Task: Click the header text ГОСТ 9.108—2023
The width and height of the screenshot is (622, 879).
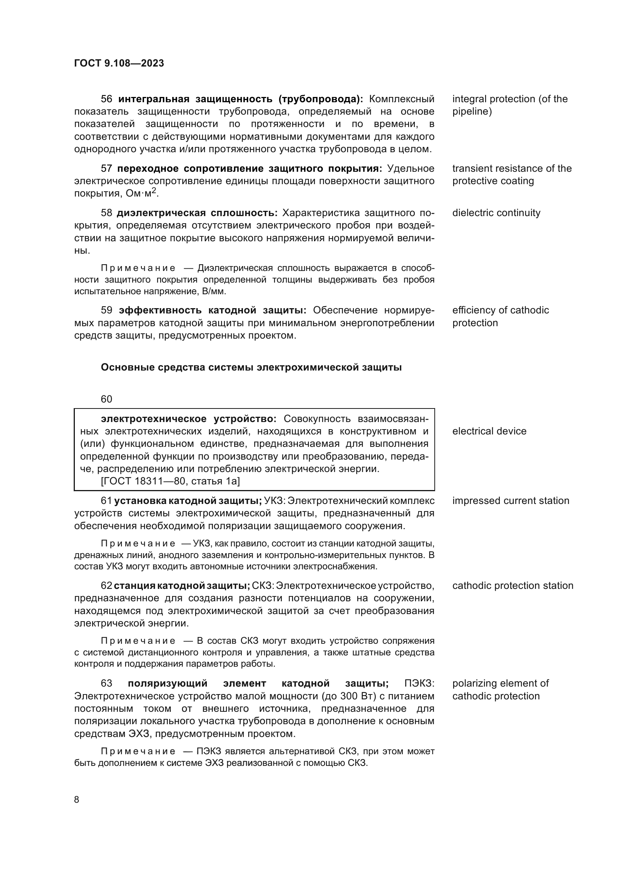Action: [x=119, y=63]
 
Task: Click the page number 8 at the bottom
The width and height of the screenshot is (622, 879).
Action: [x=77, y=800]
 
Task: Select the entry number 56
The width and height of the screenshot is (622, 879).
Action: [x=106, y=99]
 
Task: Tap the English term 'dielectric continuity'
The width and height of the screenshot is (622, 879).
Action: [x=496, y=213]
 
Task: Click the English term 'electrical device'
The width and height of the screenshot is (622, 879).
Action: [x=489, y=431]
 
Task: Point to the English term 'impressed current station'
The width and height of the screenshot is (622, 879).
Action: [x=511, y=501]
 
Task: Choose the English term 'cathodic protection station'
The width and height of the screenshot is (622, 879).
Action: [x=513, y=586]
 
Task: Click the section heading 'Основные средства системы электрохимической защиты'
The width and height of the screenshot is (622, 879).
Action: [x=251, y=368]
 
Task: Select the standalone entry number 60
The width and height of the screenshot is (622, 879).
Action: [x=106, y=399]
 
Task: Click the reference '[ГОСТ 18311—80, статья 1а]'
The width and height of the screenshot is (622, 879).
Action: [x=170, y=481]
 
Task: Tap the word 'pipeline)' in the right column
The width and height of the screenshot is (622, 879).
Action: [x=472, y=112]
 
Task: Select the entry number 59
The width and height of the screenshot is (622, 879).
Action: [x=106, y=310]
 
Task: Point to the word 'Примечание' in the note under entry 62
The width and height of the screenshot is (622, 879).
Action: [x=138, y=641]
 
